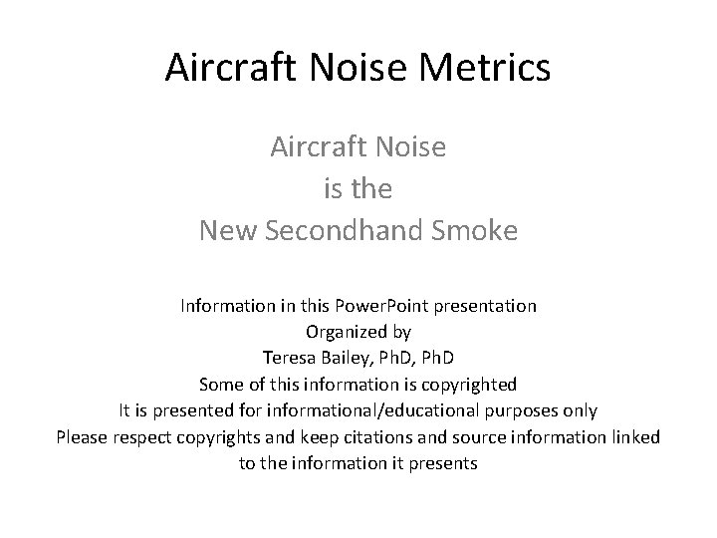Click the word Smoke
[x=478, y=230]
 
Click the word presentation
[x=487, y=305]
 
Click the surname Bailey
[x=347, y=358]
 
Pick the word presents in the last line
[x=445, y=462]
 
